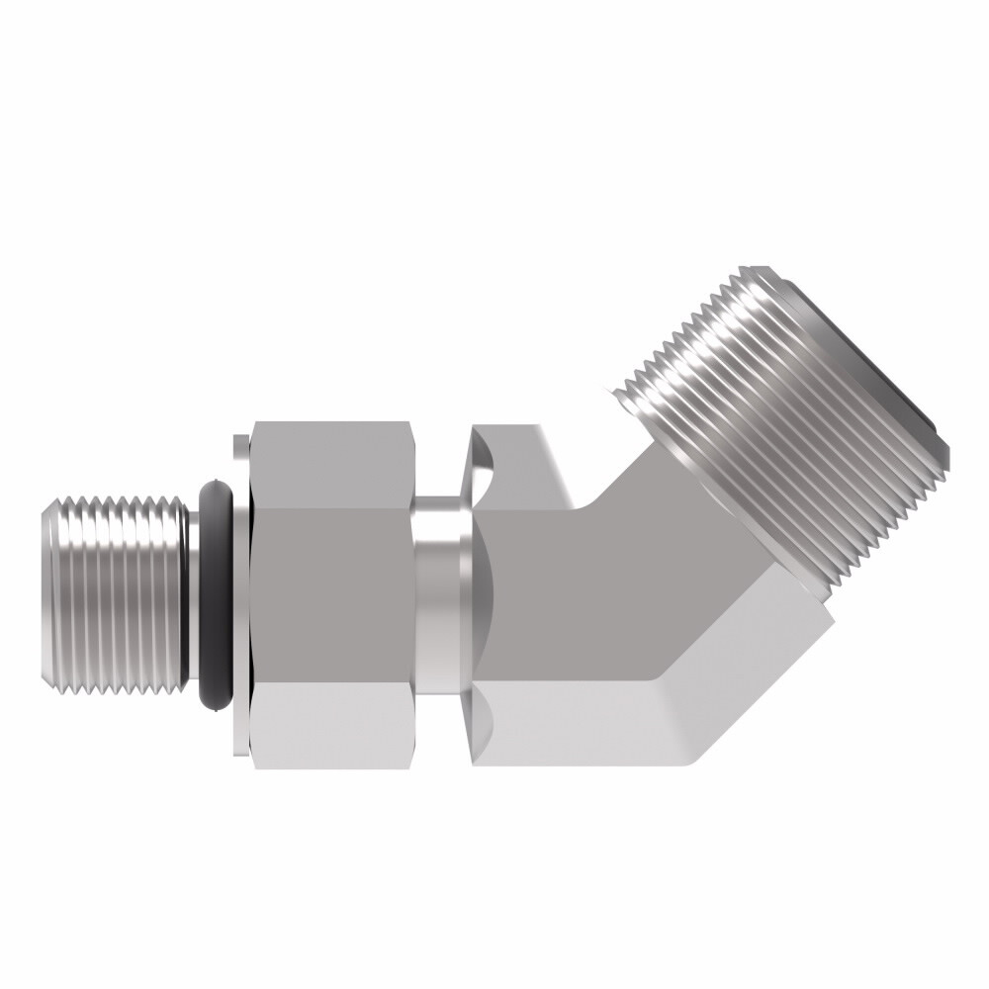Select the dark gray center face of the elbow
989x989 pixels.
tap(593, 593)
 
